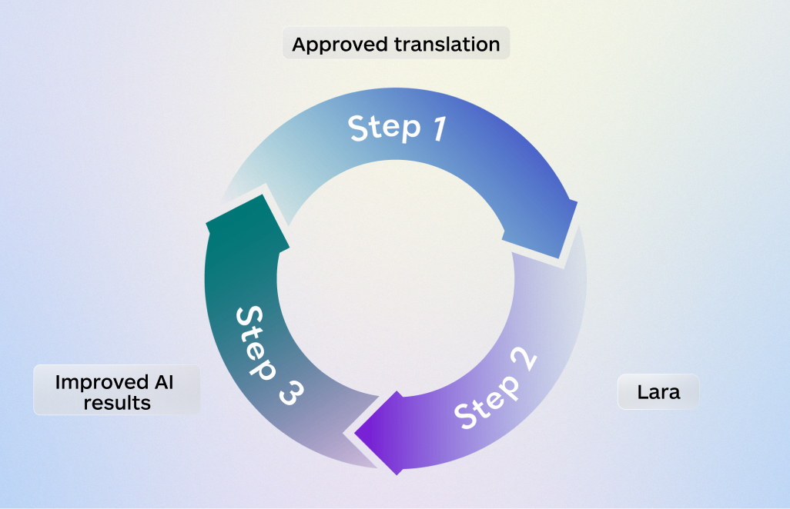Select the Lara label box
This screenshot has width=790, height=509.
coord(658,392)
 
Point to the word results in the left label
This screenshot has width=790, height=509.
coord(118,402)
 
